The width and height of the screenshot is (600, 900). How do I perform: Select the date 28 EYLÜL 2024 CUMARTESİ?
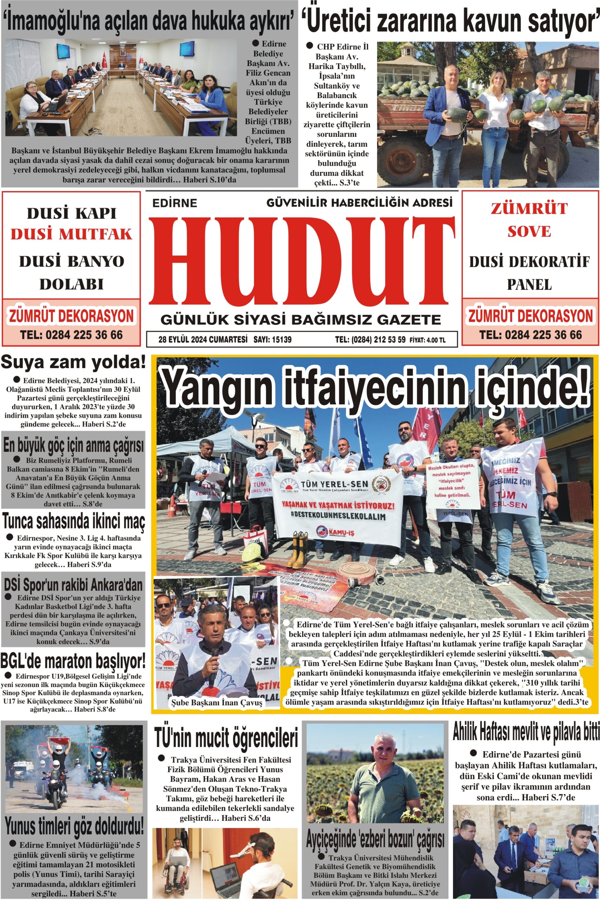[203, 339]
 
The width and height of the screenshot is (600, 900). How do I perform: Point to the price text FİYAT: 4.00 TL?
[427, 340]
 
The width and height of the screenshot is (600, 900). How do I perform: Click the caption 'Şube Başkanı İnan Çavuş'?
[216, 702]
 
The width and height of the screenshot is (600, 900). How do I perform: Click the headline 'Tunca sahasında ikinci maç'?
[73, 521]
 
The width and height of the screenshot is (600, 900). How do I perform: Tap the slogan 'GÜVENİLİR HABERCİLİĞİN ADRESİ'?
[359, 202]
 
